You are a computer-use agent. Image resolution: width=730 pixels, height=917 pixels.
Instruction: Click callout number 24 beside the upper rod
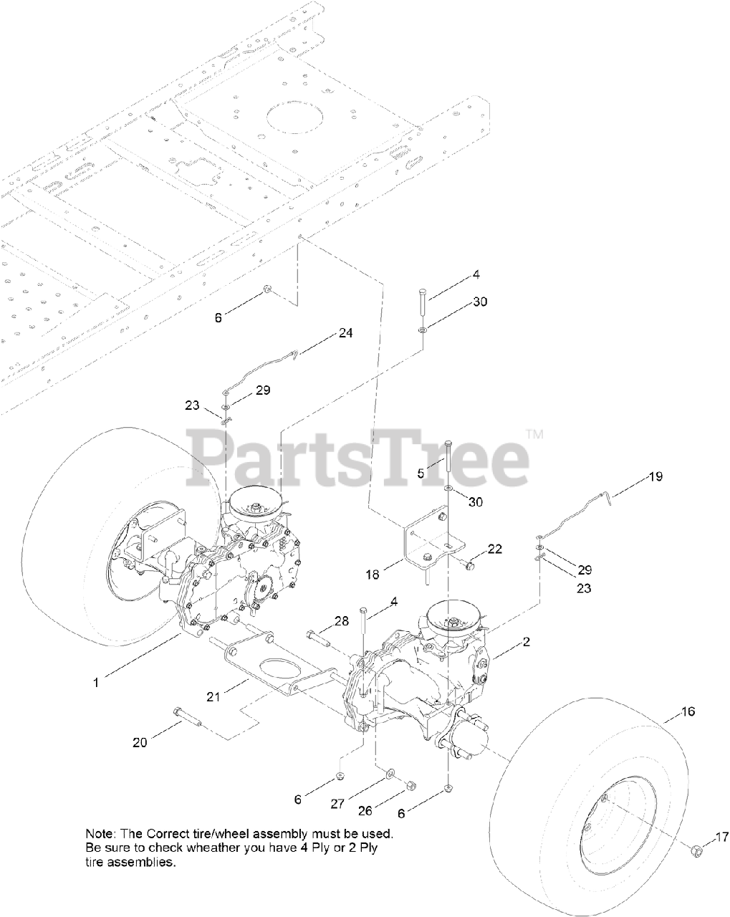coord(345,332)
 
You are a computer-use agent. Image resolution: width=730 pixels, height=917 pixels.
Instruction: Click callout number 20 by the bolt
coord(140,742)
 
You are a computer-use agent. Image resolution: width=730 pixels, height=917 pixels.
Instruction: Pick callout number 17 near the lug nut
coord(721,836)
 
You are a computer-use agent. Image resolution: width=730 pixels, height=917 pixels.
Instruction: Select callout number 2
coord(526,643)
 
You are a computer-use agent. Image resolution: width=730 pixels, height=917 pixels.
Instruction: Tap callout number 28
coord(342,620)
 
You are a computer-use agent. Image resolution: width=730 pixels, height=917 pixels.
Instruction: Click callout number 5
coord(421,473)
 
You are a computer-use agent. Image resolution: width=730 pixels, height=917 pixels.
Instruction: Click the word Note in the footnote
coord(99,834)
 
